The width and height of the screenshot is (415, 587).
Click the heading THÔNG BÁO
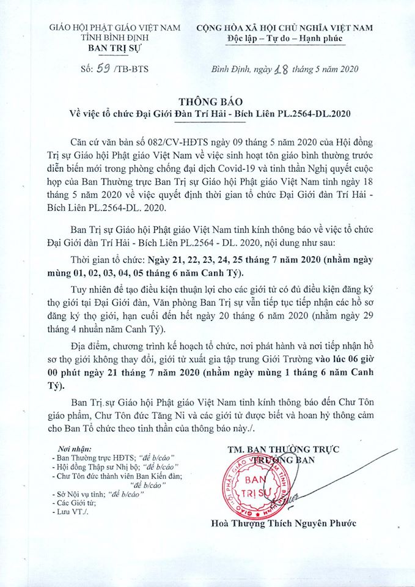click(x=207, y=100)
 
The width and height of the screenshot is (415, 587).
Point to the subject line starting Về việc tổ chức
click(x=207, y=114)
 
